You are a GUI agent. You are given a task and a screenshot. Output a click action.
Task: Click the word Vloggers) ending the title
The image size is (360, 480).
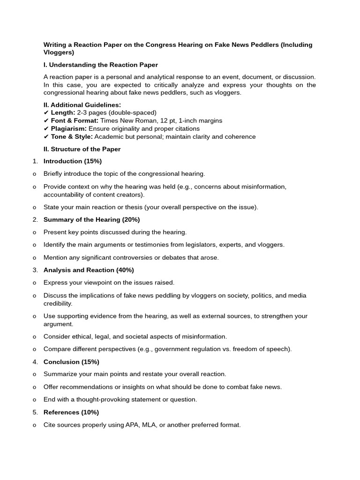pos(59,52)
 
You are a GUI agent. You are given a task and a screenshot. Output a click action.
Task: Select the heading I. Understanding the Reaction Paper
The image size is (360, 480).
pos(100,65)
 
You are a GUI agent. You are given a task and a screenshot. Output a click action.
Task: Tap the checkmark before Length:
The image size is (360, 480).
pos(46,112)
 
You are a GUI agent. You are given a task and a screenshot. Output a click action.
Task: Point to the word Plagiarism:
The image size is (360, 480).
pos(68,128)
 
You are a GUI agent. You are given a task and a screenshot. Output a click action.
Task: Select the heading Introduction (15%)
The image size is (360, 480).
pos(72,161)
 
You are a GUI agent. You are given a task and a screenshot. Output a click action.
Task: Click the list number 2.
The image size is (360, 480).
pos(35,219)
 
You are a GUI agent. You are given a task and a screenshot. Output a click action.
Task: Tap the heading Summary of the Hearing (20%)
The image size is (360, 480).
pos(91,219)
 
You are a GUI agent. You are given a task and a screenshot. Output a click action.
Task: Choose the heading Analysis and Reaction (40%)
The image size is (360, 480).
pos(89,270)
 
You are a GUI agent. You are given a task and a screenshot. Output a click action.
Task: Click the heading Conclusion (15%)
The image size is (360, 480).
pos(71,362)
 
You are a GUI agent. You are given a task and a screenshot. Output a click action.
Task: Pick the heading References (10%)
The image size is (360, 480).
pos(71,412)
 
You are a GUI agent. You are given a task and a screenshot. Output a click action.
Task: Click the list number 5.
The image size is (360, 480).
pos(35,412)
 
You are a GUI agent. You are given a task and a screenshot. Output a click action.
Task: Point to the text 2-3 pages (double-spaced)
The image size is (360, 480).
pos(117,112)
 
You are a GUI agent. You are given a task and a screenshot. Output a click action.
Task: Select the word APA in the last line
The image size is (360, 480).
pos(132,425)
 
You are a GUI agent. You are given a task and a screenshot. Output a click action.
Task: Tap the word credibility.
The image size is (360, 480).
pos(58,303)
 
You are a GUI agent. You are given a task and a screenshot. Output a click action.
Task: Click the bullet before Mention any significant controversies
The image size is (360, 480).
pos(34,257)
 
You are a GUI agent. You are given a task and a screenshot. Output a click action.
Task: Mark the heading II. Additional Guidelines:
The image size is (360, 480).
pos(82,105)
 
